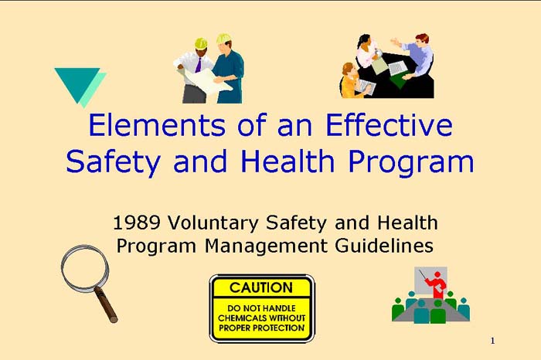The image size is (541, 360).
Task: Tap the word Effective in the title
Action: [x=389, y=126]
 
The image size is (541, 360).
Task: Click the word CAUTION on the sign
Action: [x=261, y=287]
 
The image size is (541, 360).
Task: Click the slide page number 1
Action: [x=492, y=341]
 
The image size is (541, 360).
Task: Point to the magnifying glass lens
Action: [x=83, y=266]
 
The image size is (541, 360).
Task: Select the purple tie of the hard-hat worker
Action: [x=199, y=64]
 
